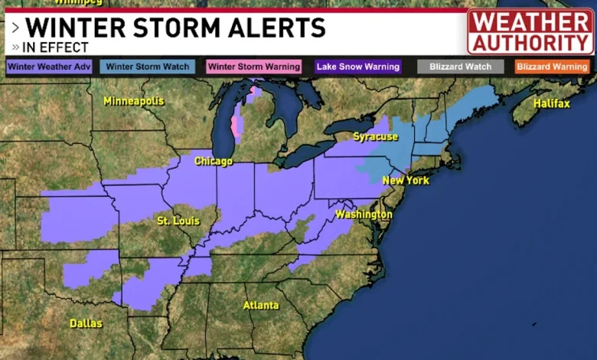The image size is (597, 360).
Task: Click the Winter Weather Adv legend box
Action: [49, 67]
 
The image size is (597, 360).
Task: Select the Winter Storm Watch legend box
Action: [147, 67]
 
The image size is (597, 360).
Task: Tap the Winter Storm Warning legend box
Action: [253, 67]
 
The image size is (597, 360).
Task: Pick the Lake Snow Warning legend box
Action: [358, 67]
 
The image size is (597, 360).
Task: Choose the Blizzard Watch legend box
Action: [460, 67]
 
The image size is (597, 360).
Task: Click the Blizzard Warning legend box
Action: [552, 67]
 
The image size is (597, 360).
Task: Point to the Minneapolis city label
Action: [134, 101]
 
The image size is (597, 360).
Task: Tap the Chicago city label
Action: [214, 162]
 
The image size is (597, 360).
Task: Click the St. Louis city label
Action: [178, 221]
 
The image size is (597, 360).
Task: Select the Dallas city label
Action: [86, 323]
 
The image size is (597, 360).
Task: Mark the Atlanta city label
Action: [261, 305]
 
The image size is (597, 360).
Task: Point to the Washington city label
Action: [364, 214]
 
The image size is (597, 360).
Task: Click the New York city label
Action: [406, 181]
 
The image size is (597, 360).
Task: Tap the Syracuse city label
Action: [375, 136]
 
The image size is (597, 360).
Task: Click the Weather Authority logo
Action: [530, 32]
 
